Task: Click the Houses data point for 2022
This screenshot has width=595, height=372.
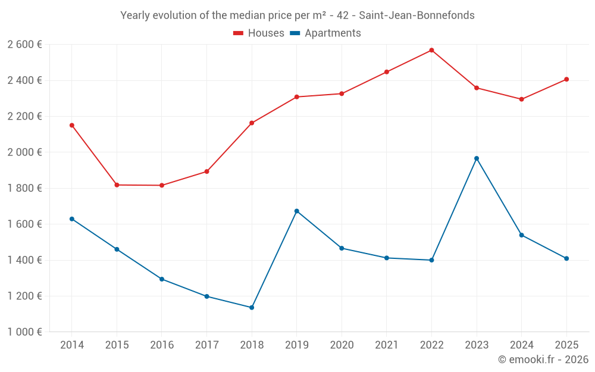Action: tap(431, 50)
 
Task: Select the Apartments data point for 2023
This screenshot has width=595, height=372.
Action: tap(477, 158)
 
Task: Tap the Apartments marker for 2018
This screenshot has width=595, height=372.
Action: tap(252, 308)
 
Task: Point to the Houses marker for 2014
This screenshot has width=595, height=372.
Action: tap(71, 125)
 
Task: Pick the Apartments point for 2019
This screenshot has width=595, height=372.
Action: tap(297, 211)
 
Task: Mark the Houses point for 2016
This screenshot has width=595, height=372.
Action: tap(162, 185)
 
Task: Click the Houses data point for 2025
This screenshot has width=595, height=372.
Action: tap(566, 79)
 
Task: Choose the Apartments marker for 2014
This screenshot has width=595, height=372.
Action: tap(71, 219)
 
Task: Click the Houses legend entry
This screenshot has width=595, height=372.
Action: tap(259, 33)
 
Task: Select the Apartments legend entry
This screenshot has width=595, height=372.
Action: tap(325, 33)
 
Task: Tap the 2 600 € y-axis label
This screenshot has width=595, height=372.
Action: tap(24, 44)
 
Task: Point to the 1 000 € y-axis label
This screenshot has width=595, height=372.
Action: tap(24, 332)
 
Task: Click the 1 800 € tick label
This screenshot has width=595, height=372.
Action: tap(24, 188)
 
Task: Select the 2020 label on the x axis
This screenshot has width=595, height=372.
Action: tap(342, 345)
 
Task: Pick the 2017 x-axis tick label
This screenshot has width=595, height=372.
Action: tap(206, 345)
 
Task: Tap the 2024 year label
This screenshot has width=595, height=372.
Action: tap(521, 345)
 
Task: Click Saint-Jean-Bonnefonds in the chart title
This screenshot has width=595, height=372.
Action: tap(416, 15)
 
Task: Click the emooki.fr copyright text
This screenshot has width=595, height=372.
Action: tap(543, 360)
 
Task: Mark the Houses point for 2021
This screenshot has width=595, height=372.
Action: tap(387, 72)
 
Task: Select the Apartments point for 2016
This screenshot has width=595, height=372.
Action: tap(162, 279)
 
